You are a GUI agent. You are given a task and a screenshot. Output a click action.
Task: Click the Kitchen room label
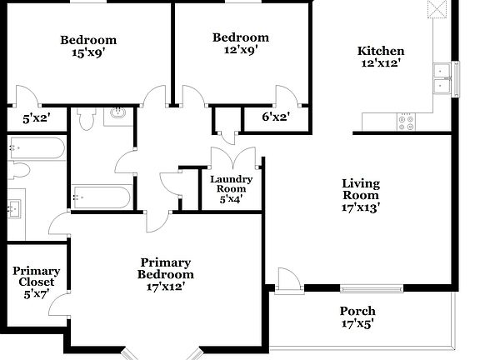[x=382, y=51]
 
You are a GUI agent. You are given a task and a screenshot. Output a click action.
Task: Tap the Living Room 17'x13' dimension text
[x=361, y=209]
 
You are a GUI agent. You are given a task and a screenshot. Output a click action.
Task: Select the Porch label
[x=357, y=312]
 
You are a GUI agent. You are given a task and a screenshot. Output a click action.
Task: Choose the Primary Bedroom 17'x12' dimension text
[x=166, y=287]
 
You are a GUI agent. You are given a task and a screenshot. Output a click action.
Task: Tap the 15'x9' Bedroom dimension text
[x=87, y=52]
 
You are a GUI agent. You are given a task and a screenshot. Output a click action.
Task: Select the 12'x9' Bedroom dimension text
[x=240, y=49]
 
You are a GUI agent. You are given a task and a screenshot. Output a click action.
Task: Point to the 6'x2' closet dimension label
[x=275, y=117]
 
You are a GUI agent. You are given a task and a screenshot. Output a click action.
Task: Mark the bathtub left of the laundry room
[x=102, y=197]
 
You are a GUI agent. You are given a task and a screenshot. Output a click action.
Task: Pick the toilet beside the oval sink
[x=86, y=120]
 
